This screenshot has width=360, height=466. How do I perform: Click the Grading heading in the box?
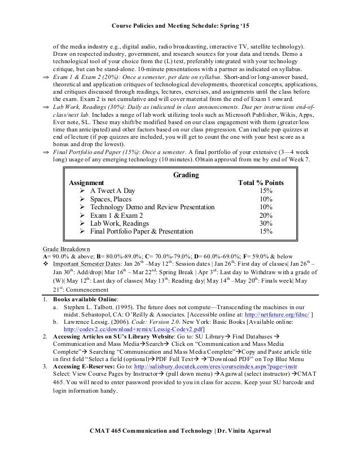pos(180,175)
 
